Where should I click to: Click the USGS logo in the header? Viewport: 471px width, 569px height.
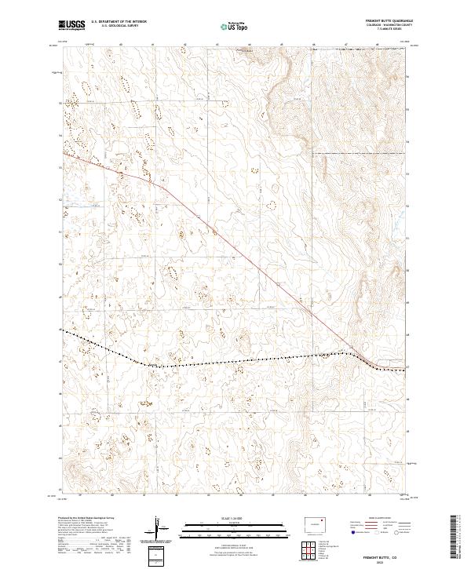(x=72, y=26)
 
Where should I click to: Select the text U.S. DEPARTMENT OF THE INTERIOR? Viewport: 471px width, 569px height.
(x=118, y=22)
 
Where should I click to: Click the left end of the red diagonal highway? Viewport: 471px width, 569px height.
(x=64, y=153)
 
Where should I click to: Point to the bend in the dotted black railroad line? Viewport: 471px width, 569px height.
(x=137, y=362)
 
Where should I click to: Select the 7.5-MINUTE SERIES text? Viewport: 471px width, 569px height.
(x=390, y=31)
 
